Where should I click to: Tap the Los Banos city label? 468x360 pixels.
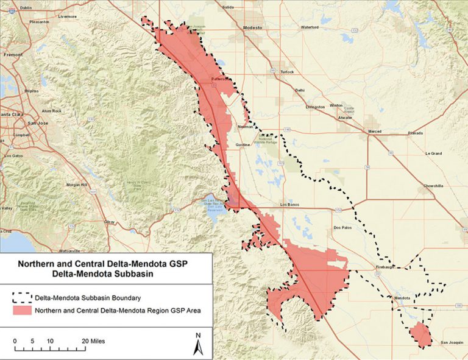pos(291,205)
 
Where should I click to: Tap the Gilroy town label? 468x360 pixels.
pos(110,222)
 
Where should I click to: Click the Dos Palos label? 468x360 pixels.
pos(342,228)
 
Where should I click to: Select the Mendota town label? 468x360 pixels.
pos(402,298)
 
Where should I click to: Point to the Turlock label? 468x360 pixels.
pos(286,72)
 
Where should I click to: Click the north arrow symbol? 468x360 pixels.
pos(197,344)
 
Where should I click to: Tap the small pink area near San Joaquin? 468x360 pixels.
pos(420,334)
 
